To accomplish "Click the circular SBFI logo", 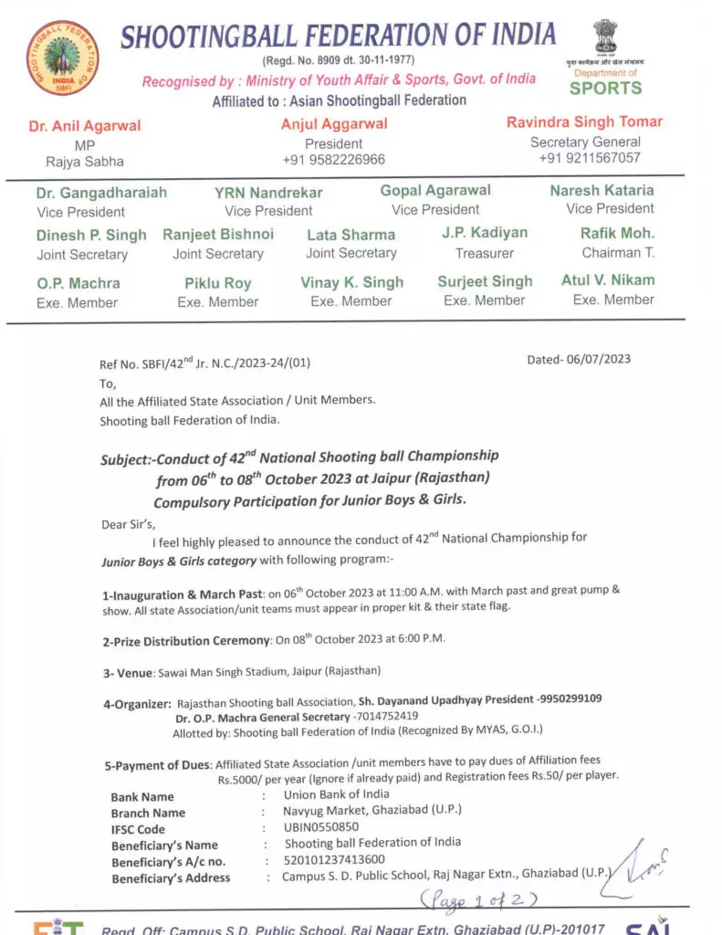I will point(63,57).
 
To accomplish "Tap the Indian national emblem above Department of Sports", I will point(605,37).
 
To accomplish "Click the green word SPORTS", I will point(605,89).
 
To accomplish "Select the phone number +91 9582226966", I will point(334,160).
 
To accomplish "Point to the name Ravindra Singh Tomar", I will point(584,122).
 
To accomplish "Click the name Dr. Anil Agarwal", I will point(85,126).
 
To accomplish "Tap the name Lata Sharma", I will point(351,234).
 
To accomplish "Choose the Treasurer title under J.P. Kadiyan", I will point(485,253).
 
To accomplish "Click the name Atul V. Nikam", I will point(608,280).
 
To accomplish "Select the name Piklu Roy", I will point(217,283).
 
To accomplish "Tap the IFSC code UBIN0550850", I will point(321,827).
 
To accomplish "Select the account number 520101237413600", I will point(335,859).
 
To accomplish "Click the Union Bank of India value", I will point(336,794).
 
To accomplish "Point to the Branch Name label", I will point(148,813).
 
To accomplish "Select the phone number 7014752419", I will point(385,717).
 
